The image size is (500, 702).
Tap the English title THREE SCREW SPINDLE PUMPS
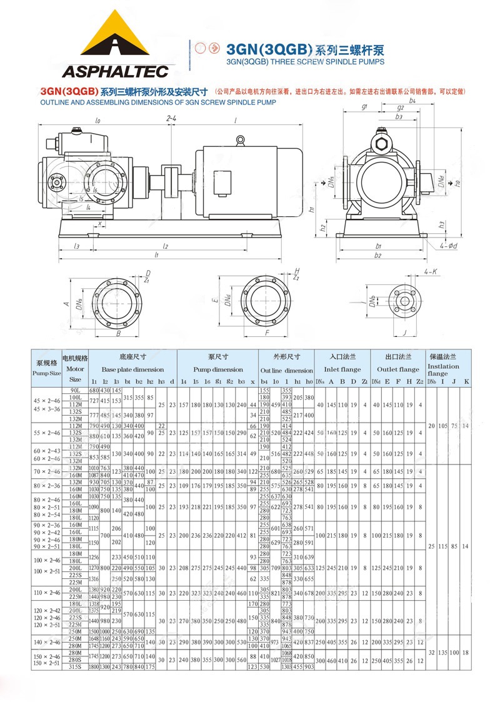coord(305,61)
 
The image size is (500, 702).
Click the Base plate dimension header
coord(132,369)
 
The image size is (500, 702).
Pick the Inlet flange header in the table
coord(340,369)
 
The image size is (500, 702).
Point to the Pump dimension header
coord(218,369)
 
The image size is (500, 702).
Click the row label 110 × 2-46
coord(46,591)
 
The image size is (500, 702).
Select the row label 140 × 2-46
coord(46,642)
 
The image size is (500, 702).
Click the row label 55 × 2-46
coord(46,433)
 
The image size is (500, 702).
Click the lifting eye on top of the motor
coord(239,141)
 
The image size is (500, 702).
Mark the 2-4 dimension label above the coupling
coord(171,118)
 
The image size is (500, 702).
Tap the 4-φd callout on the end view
coord(449,246)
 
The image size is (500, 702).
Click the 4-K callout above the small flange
coord(431,273)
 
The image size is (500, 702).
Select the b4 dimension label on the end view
coord(412,100)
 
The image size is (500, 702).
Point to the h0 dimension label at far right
coord(458,184)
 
